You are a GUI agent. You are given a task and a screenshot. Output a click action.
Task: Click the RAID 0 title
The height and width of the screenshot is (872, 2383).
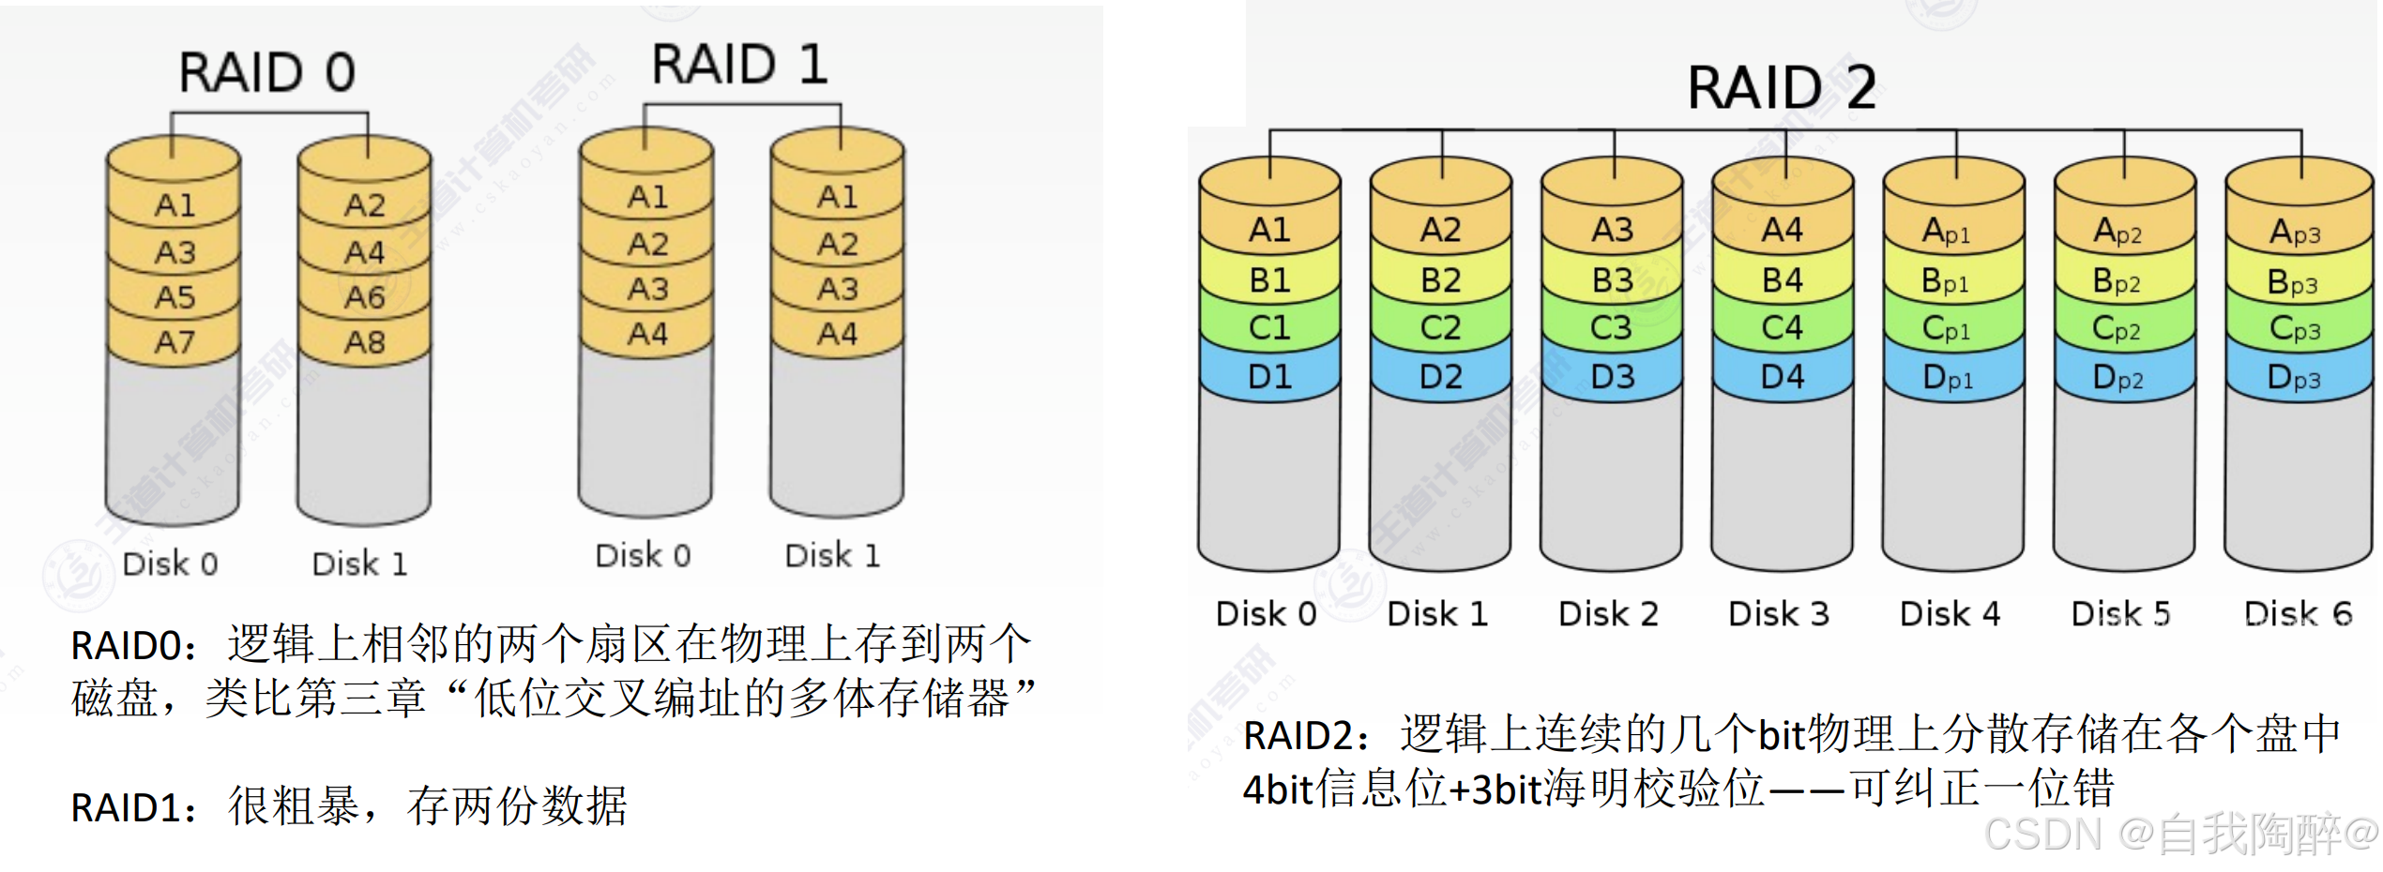(266, 72)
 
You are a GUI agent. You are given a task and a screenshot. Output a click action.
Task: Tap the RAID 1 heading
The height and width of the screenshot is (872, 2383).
(739, 65)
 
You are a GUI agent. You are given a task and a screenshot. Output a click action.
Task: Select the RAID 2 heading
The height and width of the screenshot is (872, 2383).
(1782, 88)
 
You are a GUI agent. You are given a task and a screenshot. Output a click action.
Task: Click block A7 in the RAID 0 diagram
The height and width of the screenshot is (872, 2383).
(175, 342)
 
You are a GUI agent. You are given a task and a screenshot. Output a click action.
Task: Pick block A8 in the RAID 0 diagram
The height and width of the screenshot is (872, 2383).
(365, 342)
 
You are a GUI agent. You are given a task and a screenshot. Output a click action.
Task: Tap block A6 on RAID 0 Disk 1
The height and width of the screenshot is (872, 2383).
(365, 297)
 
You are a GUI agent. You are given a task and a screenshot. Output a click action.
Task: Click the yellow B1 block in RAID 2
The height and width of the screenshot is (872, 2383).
(1269, 280)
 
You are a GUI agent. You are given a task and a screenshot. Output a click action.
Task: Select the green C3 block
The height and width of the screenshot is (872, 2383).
(1612, 328)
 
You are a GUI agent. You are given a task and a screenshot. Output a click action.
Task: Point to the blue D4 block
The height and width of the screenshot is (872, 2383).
(1783, 377)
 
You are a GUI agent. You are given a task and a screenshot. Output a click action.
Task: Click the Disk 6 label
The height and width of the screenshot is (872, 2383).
(2298, 614)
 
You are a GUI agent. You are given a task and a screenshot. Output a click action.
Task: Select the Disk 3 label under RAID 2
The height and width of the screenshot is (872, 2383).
(1779, 614)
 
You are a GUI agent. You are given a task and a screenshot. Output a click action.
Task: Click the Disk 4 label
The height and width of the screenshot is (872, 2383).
(1950, 614)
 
